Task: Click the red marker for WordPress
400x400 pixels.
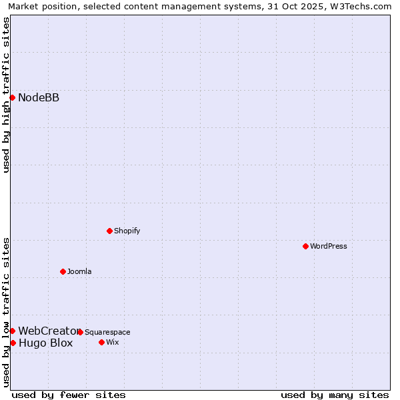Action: coord(305,246)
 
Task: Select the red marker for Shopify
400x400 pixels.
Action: coord(109,231)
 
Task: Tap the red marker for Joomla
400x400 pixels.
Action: coord(63,271)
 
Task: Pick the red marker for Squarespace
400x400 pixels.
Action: coord(80,332)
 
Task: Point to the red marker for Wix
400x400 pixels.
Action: coord(101,342)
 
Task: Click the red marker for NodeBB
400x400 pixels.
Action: coord(12,97)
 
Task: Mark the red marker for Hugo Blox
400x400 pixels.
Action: coord(13,343)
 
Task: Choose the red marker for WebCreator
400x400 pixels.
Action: coord(12,331)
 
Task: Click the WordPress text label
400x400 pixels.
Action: coord(329,246)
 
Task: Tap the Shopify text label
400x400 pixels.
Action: coord(127,231)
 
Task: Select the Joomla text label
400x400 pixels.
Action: coord(79,271)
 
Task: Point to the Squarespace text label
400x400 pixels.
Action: coord(107,332)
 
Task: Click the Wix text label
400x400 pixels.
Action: coord(113,342)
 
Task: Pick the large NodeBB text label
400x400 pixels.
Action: coord(39,98)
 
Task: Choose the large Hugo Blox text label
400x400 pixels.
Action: coord(45,343)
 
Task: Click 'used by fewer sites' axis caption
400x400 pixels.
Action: coord(69,395)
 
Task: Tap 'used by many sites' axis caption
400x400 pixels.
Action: coord(335,395)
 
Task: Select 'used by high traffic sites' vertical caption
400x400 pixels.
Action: coord(6,95)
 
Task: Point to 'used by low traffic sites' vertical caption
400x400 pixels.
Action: coord(6,312)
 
